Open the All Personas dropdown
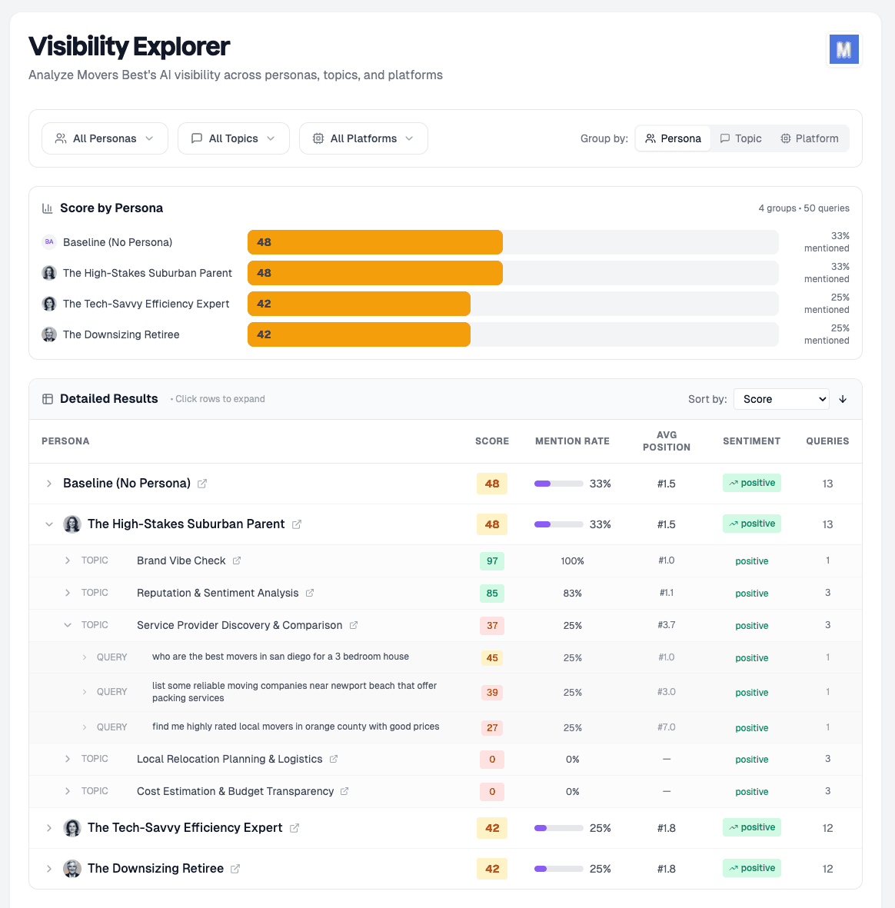coord(105,138)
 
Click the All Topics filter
coord(233,138)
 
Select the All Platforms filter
coord(363,138)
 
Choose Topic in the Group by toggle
coord(740,138)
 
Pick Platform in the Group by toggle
coord(809,138)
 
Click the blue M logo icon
coord(843,50)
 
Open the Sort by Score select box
coord(781,399)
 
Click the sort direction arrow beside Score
coord(843,399)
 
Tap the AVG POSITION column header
coord(666,441)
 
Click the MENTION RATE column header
coord(572,441)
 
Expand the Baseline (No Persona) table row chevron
coord(49,484)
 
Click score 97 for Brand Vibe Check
coord(492,561)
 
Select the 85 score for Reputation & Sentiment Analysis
coord(492,594)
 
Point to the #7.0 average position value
coord(666,727)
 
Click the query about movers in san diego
coord(280,657)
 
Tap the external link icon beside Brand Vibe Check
coord(237,561)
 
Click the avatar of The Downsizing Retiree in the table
coord(72,869)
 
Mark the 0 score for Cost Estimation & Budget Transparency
coord(492,792)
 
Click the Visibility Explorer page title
coord(129,47)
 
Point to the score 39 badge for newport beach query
coord(492,693)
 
